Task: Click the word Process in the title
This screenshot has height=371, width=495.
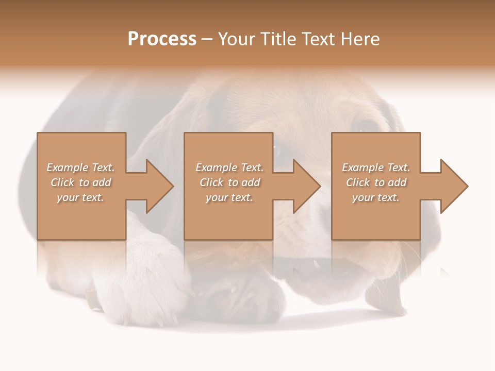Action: (x=162, y=39)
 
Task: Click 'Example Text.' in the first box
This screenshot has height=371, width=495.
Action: (x=80, y=167)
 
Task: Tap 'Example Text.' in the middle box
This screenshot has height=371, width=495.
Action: (x=229, y=167)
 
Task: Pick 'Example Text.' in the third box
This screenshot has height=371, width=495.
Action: (x=376, y=167)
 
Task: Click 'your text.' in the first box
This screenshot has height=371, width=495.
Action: (x=80, y=197)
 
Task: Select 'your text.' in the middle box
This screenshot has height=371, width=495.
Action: (x=229, y=197)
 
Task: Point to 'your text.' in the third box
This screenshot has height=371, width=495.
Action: (x=376, y=197)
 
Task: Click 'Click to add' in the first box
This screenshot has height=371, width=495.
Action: (x=80, y=182)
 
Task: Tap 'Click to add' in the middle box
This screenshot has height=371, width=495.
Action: (x=229, y=182)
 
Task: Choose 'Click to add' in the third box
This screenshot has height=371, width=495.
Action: (x=376, y=182)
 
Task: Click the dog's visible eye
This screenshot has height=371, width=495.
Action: (x=367, y=125)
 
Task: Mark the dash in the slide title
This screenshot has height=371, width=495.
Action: (x=206, y=40)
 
